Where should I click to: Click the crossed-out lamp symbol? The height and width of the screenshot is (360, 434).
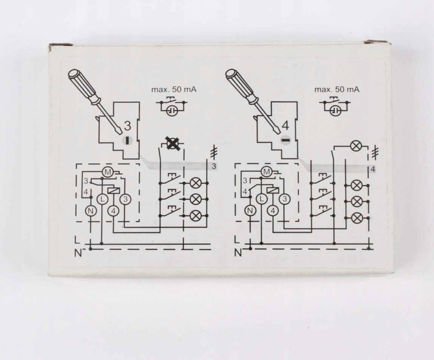pyautogui.click(x=173, y=144)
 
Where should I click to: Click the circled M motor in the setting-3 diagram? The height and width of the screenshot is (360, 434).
pyautogui.click(x=108, y=172)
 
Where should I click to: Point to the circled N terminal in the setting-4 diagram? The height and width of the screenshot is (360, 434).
pyautogui.click(x=249, y=210)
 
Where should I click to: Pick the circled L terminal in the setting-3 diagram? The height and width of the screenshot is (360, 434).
pyautogui.click(x=102, y=199)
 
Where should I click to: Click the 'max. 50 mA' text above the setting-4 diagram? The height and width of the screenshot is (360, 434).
pyautogui.click(x=337, y=90)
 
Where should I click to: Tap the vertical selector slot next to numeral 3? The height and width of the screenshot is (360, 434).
pyautogui.click(x=128, y=140)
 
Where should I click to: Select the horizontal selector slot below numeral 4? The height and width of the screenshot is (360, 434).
pyautogui.click(x=286, y=140)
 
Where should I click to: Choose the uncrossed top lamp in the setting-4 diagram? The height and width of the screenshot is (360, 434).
pyautogui.click(x=356, y=146)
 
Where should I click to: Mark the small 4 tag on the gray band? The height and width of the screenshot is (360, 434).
pyautogui.click(x=372, y=169)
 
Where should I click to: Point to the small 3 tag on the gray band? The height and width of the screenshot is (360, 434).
pyautogui.click(x=213, y=166)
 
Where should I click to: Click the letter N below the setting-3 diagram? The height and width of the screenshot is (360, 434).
pyautogui.click(x=78, y=253)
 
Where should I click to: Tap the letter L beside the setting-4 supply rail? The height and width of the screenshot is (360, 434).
pyautogui.click(x=237, y=240)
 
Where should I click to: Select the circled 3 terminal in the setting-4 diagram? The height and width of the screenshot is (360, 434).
pyautogui.click(x=285, y=199)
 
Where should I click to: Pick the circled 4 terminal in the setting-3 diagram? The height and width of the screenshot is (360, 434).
pyautogui.click(x=113, y=211)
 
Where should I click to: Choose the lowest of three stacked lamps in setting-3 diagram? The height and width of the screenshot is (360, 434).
pyautogui.click(x=195, y=215)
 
